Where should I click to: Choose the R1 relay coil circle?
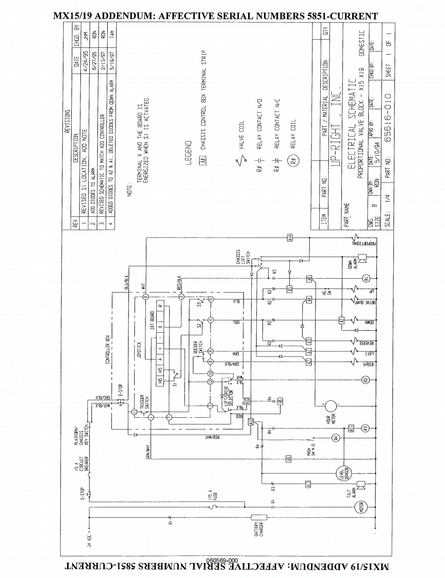366,279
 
